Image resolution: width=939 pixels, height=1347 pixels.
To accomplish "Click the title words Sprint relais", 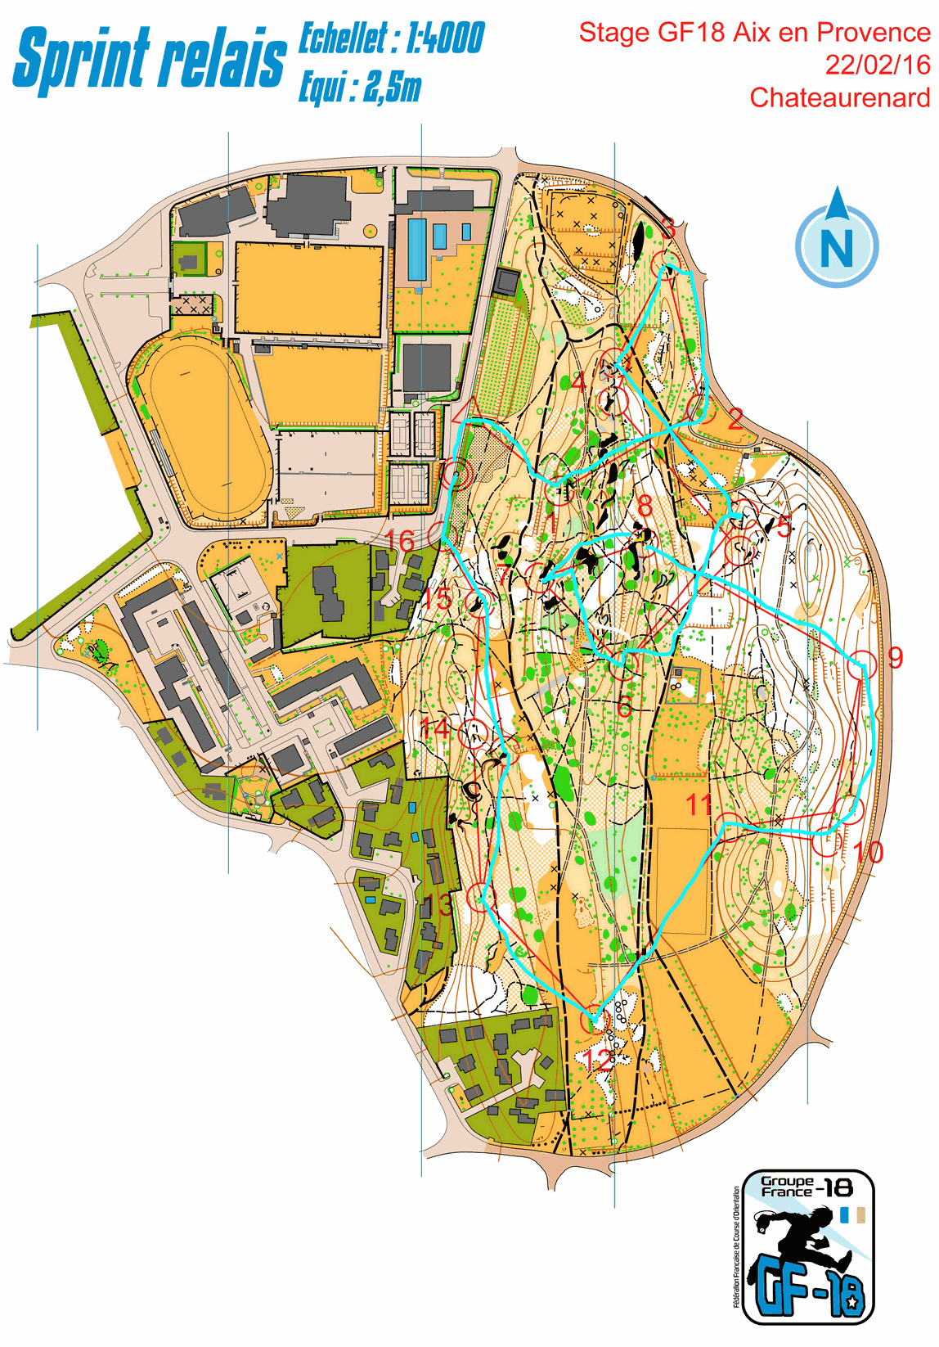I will click(149, 59).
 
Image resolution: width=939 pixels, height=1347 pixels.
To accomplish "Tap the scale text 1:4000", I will click(445, 38).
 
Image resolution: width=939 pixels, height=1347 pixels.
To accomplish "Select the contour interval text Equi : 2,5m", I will click(360, 87).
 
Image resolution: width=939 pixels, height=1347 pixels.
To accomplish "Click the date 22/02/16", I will click(877, 65).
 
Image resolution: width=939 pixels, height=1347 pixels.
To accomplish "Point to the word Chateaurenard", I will click(839, 97).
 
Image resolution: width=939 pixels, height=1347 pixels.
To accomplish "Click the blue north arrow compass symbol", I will click(837, 239).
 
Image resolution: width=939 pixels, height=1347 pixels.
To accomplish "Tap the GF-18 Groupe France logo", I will click(806, 1246).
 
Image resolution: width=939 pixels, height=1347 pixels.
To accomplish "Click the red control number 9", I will click(895, 657).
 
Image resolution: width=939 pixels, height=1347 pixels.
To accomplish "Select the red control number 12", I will click(598, 1061).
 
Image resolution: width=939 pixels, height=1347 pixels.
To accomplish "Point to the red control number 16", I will click(400, 541).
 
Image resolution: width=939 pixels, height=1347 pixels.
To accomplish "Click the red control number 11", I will click(699, 804).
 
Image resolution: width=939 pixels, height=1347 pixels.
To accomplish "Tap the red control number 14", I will click(434, 728).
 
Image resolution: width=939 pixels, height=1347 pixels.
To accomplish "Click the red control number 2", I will click(735, 418).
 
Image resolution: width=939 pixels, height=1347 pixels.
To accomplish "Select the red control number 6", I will click(624, 706).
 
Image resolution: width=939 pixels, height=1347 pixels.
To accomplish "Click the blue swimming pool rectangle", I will click(416, 248).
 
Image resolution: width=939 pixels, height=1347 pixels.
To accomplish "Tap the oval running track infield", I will click(204, 427).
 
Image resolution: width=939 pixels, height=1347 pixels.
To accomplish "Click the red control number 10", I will click(868, 853).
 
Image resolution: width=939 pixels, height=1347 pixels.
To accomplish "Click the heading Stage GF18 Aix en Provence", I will click(754, 33).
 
